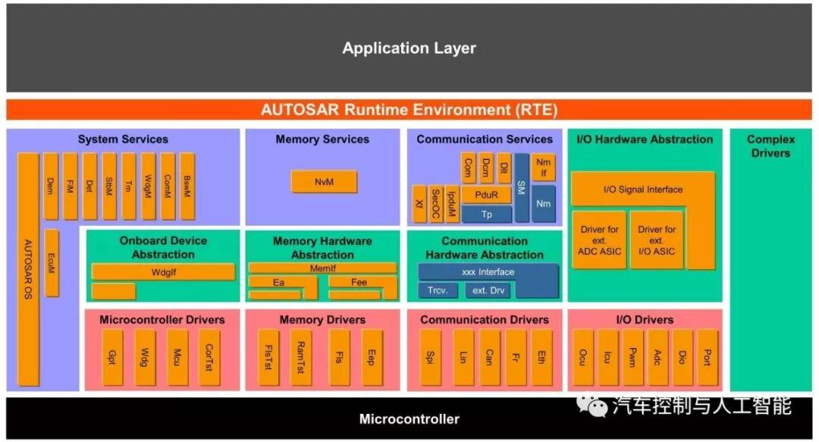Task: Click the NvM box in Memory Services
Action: pos(324,182)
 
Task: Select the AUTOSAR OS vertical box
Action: pos(28,269)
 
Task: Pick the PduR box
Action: pos(486,195)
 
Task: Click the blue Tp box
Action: pos(486,215)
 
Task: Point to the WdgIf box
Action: pos(163,271)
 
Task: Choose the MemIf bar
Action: pos(323,268)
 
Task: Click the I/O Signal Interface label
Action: pos(642,190)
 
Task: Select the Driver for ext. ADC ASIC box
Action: pos(599,240)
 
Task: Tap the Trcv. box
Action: pos(438,290)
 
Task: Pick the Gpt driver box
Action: pos(112,357)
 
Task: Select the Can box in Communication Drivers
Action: pos(490,357)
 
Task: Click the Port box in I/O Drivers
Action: pos(707,357)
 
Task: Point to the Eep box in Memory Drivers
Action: pos(372,357)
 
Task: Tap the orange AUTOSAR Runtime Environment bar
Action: pos(409,110)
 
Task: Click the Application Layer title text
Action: pos(409,49)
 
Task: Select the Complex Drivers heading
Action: pos(770,146)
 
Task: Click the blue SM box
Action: pos(522,188)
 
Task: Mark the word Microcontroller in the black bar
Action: pos(409,418)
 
